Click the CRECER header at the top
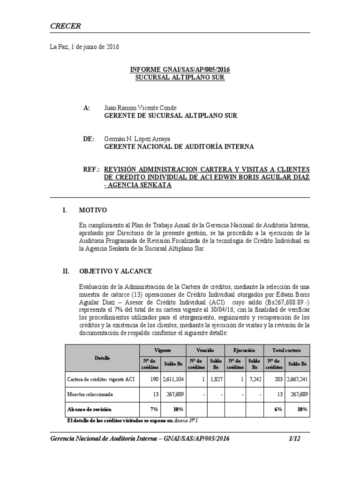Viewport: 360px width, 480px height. (x=65, y=26)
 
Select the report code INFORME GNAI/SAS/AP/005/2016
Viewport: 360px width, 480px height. (x=180, y=70)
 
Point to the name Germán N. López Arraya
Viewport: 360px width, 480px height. (x=137, y=139)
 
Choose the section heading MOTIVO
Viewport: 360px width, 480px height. (x=93, y=210)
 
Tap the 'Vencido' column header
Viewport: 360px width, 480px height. (x=205, y=350)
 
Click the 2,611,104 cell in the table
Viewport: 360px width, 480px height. (x=173, y=379)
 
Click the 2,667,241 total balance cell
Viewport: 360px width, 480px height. (x=297, y=379)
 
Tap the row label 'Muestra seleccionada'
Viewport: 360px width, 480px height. (x=90, y=394)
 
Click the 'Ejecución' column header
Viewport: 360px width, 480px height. (x=244, y=350)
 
